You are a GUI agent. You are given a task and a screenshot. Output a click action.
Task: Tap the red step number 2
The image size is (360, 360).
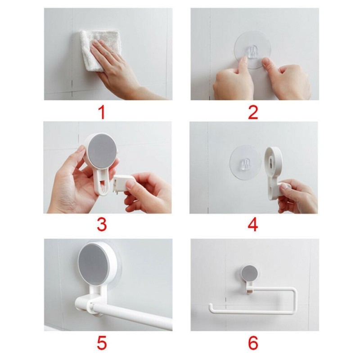point(253,112)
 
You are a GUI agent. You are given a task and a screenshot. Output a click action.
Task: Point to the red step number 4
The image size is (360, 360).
point(253,225)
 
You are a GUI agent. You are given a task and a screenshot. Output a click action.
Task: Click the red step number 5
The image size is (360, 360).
point(102,343)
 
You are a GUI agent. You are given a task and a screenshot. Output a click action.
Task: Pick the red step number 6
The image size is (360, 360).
point(253,343)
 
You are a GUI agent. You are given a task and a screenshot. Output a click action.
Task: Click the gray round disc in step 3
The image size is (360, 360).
point(102,151)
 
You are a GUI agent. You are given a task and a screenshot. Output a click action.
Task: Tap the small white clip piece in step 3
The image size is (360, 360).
point(121,183)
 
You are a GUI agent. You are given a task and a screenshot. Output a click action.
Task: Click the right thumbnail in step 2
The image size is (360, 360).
point(265,61)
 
